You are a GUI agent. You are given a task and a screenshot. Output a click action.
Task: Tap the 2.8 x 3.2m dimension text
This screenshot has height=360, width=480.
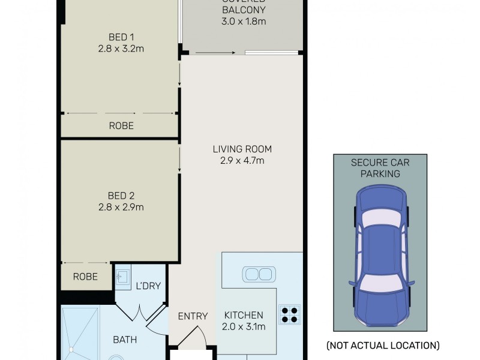[x=121, y=49]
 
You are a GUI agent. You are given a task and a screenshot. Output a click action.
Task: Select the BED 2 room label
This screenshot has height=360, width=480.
[x=121, y=196]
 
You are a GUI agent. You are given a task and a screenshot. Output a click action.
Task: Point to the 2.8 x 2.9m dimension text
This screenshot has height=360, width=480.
[x=121, y=207]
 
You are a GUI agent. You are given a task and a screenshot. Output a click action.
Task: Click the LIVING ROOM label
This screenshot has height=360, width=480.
[x=242, y=149]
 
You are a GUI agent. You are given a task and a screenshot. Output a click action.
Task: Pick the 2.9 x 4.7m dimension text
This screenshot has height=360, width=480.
[x=242, y=160]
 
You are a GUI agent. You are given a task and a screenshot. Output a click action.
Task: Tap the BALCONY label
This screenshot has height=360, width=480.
[x=243, y=10]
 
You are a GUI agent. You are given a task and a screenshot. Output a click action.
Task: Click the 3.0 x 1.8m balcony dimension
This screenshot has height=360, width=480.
[x=243, y=22]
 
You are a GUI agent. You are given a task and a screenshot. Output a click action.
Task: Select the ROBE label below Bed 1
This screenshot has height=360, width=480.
[x=121, y=126]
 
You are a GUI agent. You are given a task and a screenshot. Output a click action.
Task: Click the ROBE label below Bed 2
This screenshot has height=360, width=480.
[x=85, y=277]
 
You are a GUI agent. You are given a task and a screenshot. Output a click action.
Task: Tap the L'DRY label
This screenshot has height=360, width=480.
[x=148, y=286]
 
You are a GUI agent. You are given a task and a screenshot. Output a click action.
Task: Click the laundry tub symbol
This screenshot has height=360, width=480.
[x=122, y=277]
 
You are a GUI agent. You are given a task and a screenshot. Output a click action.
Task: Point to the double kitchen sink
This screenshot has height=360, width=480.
[x=259, y=275]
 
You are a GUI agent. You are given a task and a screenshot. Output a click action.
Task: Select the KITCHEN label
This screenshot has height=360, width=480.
[x=244, y=315]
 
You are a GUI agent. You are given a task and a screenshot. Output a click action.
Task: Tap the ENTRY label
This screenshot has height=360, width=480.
[x=193, y=316]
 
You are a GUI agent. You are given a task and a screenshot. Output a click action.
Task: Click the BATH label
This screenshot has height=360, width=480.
[x=125, y=340]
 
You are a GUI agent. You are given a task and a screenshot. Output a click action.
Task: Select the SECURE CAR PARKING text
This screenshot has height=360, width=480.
[x=380, y=168]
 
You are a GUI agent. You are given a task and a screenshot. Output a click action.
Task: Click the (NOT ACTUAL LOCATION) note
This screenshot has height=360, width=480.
[x=382, y=346]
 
